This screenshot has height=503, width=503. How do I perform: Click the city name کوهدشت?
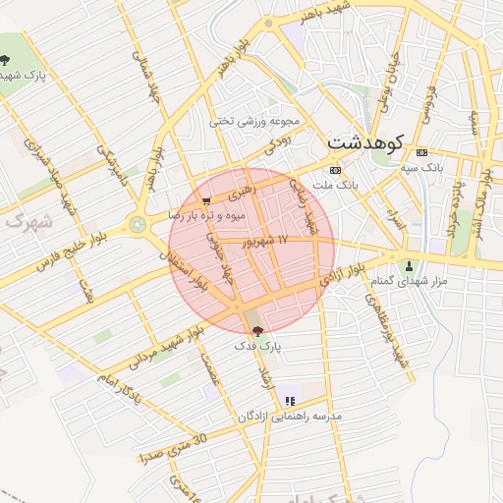point(365,141)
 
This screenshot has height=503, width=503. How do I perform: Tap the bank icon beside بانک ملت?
point(336,169)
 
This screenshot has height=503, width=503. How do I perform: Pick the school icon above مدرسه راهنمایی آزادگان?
point(290,401)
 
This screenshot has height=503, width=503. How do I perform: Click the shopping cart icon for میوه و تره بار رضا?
point(205,198)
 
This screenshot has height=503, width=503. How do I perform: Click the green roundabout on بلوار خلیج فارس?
point(137,225)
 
